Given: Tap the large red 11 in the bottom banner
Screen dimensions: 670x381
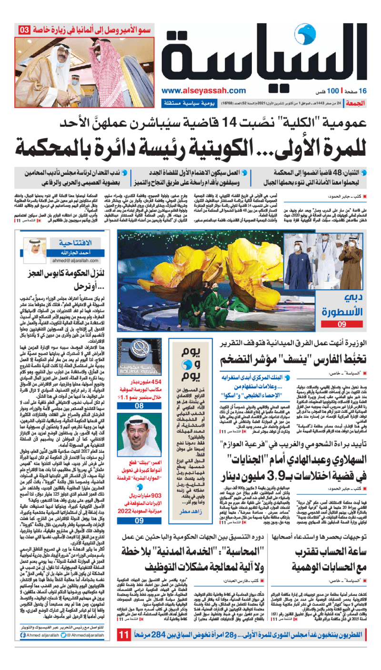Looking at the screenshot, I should [x=124, y=648].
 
